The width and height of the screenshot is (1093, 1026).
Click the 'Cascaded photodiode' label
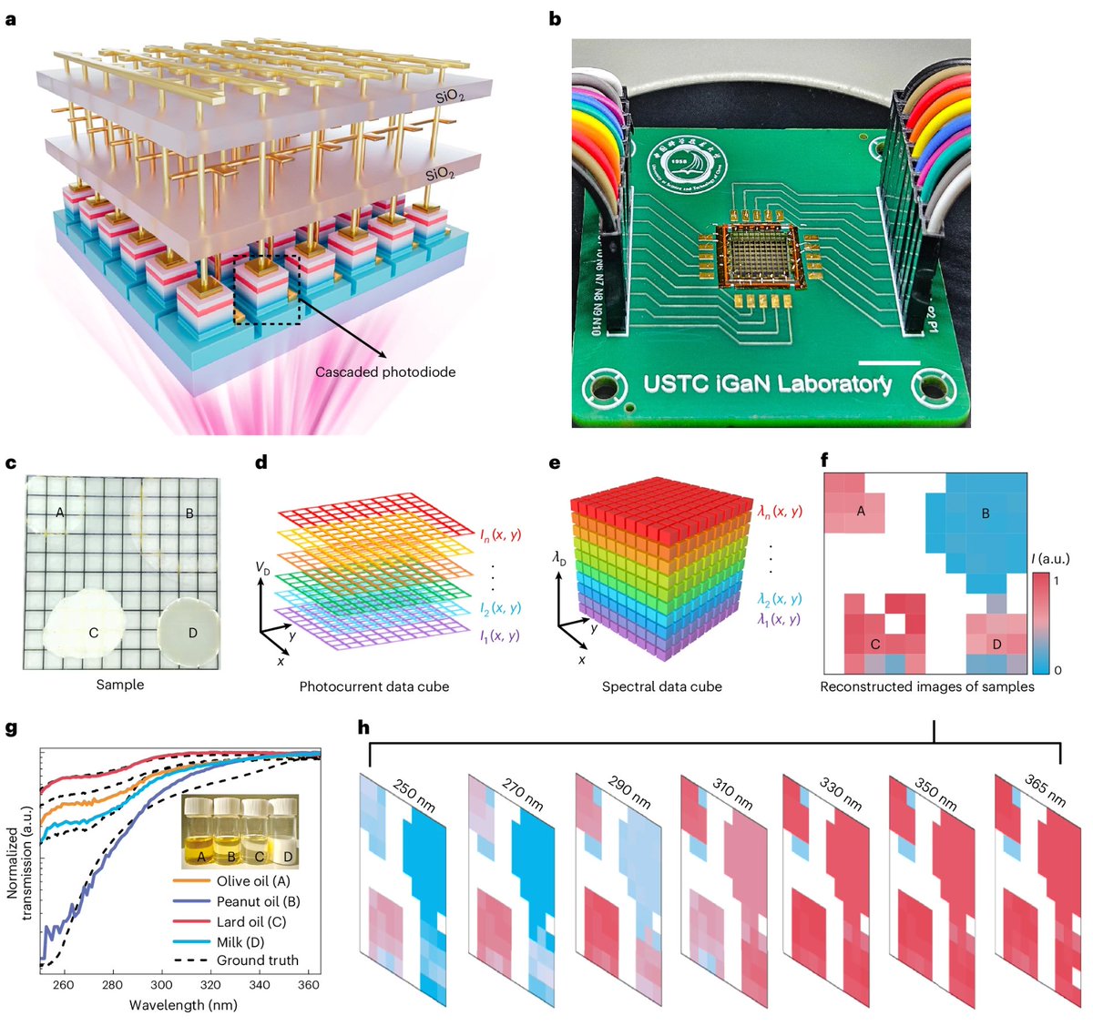385,371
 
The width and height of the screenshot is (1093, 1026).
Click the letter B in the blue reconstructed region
985,513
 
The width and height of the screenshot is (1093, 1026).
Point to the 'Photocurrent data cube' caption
373,686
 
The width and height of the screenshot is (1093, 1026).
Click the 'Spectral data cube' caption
661,686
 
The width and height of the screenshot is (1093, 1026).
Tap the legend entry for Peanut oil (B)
258,901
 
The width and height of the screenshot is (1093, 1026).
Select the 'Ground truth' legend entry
257,960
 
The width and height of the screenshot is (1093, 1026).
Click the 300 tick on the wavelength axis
161,985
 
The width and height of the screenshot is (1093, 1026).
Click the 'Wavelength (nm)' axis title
183,1005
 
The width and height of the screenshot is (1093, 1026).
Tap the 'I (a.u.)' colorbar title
1049,558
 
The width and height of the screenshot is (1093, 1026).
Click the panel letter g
11,728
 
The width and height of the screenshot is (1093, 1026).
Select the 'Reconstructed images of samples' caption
926,686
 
